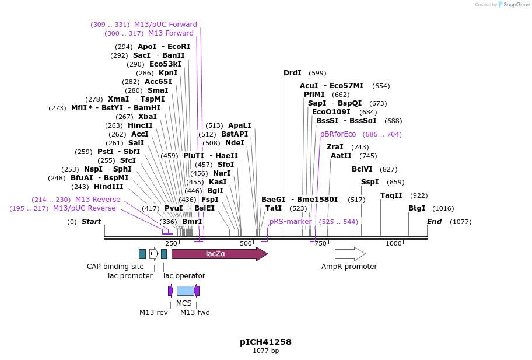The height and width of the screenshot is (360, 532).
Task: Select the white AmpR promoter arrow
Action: pyautogui.click(x=349, y=254)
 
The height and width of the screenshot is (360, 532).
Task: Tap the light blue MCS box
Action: pyautogui.click(x=185, y=291)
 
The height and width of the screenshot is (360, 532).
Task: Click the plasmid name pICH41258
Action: pyautogui.click(x=265, y=342)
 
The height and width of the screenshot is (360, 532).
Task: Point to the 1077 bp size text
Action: pyautogui.click(x=265, y=351)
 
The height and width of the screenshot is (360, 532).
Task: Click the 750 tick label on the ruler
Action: pyautogui.click(x=320, y=243)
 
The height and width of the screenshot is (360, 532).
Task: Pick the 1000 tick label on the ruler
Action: pyautogui.click(x=394, y=243)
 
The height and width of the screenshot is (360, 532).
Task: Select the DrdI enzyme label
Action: pyautogui.click(x=292, y=73)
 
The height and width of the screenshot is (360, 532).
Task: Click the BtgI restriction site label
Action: pyautogui.click(x=416, y=208)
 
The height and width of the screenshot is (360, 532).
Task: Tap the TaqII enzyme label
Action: pyautogui.click(x=391, y=195)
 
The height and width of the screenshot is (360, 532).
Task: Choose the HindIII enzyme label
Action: pyautogui.click(x=109, y=187)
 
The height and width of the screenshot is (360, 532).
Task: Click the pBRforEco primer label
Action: pyautogui.click(x=338, y=134)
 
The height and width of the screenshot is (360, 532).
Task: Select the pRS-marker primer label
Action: pyautogui.click(x=290, y=222)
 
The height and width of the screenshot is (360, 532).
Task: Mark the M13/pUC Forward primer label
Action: pyautogui.click(x=166, y=25)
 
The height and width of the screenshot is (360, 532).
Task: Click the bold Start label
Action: pyautogui.click(x=91, y=222)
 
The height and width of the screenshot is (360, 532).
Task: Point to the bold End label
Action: pyautogui.click(x=434, y=222)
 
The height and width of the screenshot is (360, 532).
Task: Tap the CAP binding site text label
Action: pyautogui.click(x=115, y=267)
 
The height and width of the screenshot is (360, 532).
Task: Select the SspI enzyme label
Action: pyautogui.click(x=370, y=182)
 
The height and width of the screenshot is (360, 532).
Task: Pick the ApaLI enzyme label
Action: pyautogui.click(x=239, y=125)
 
